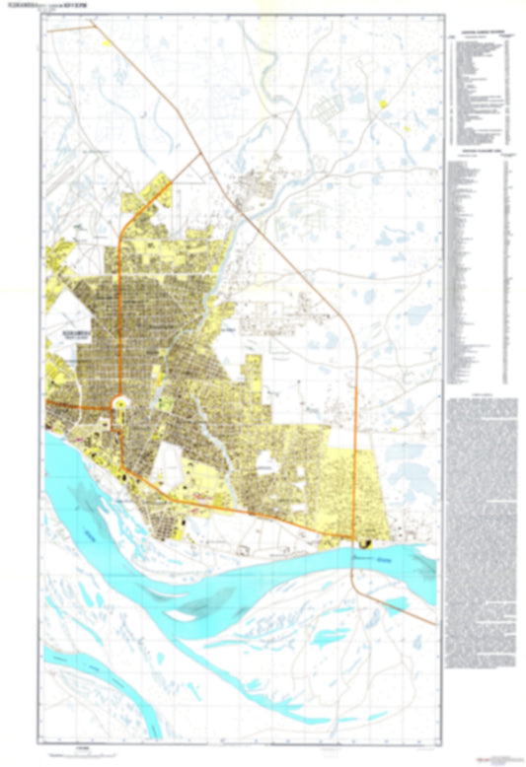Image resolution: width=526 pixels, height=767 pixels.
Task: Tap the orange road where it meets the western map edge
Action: click(46, 404)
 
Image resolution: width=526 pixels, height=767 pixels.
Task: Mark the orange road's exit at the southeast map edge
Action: click(434, 622)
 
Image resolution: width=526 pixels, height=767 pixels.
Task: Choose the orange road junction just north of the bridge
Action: click(352, 537)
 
